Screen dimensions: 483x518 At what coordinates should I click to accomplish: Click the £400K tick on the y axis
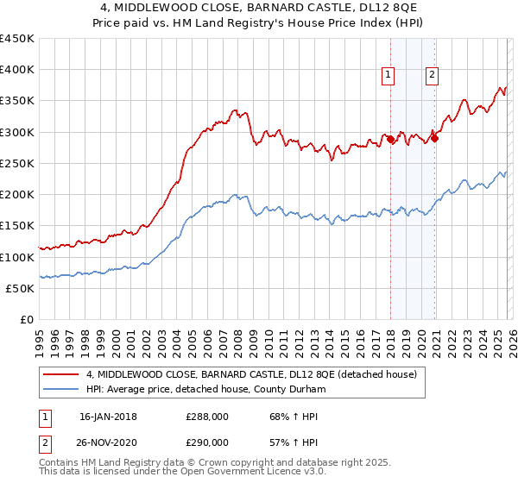pyautogui.click(x=17, y=70)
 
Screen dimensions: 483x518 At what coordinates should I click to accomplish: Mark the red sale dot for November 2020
pyautogui.click(x=435, y=137)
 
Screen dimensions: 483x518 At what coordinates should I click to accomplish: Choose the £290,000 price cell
pyautogui.click(x=207, y=442)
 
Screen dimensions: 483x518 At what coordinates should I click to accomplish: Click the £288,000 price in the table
pyautogui.click(x=207, y=417)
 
